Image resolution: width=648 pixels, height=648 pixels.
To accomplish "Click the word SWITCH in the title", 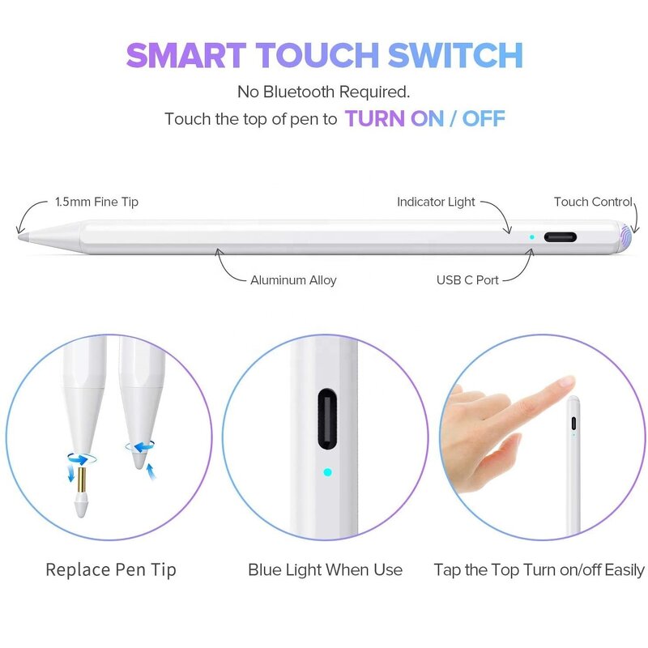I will (455, 55).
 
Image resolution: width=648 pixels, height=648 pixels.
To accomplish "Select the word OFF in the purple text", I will (484, 118).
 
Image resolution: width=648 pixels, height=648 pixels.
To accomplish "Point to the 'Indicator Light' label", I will (436, 202).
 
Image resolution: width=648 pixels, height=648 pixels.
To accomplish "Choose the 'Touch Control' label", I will (593, 202).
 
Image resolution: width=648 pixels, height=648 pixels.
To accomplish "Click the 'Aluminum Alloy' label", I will (293, 280).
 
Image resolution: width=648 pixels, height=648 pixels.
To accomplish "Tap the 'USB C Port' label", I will (467, 280).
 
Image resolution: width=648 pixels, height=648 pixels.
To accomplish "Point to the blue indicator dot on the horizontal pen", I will (531, 238).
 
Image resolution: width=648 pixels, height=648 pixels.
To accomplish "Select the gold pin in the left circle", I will (82, 484).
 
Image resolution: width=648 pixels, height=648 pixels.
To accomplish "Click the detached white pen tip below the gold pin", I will (82, 509).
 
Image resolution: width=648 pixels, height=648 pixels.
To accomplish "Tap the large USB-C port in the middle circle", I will (327, 419).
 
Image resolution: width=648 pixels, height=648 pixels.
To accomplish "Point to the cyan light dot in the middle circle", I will (327, 471).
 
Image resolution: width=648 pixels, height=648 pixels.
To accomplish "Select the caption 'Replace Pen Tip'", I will (111, 569).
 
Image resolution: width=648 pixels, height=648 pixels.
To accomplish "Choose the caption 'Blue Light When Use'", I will (325, 569).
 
